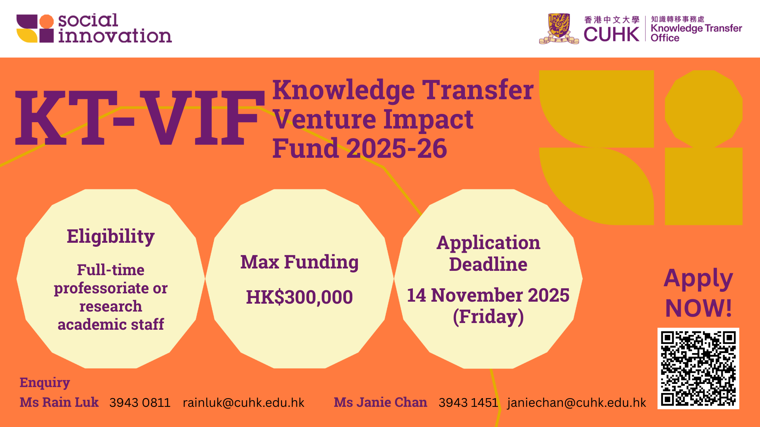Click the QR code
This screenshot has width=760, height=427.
coord(698,368)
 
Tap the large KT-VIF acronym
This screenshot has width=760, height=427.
coord(140,118)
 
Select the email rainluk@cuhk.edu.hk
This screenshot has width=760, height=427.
coord(243,402)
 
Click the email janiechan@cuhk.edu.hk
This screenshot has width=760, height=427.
coord(576,402)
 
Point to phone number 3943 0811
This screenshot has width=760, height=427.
coord(140,402)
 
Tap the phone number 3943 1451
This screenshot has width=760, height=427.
coord(468,402)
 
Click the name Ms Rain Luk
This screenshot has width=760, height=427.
coord(59,402)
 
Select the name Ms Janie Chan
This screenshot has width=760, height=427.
coord(380,402)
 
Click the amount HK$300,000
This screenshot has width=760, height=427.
coord(299,297)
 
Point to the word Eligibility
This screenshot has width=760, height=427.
coord(110,236)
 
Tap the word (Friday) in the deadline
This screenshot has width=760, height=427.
coord(488,316)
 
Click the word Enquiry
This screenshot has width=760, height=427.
coord(45,382)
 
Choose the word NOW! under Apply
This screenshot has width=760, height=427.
coord(699,308)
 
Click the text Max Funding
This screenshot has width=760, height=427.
coord(299,262)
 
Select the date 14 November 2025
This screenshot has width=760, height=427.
coord(488,295)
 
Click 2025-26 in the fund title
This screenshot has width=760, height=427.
coord(397,149)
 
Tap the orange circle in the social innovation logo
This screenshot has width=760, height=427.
coord(46,21)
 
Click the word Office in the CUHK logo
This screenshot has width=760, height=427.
coord(665,38)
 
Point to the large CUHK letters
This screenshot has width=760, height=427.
coord(612,34)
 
